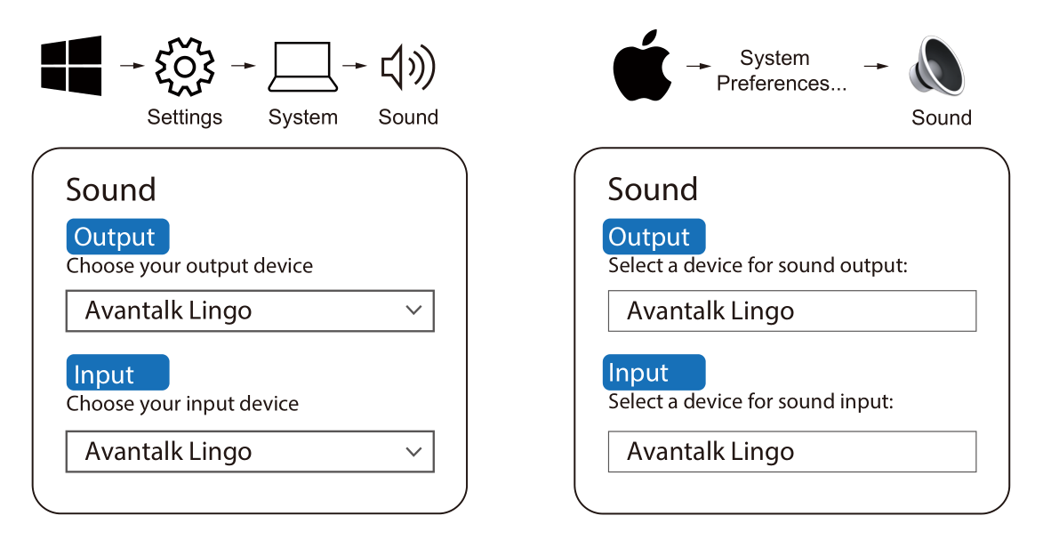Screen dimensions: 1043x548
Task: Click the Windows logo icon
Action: (71, 66)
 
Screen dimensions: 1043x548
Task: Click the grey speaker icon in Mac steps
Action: (936, 65)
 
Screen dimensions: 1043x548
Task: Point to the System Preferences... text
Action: (781, 70)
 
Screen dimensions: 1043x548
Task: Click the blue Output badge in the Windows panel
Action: (117, 237)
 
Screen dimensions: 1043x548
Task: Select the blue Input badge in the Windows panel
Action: (117, 372)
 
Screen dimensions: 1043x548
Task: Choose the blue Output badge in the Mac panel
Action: (654, 237)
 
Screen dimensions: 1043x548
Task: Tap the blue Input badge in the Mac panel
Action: (654, 372)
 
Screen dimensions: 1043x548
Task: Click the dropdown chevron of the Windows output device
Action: (413, 310)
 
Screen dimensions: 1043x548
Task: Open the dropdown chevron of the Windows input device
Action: (413, 451)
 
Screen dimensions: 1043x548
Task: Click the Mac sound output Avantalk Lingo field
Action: (792, 311)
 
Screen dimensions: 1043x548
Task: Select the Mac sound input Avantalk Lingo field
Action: (792, 451)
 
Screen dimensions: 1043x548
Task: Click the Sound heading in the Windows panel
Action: (111, 189)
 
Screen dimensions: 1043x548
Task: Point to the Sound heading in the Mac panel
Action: (653, 189)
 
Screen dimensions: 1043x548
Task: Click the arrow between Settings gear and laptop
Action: (244, 65)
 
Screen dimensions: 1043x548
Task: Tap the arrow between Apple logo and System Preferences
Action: (698, 66)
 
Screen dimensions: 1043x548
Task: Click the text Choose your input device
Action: (182, 404)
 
